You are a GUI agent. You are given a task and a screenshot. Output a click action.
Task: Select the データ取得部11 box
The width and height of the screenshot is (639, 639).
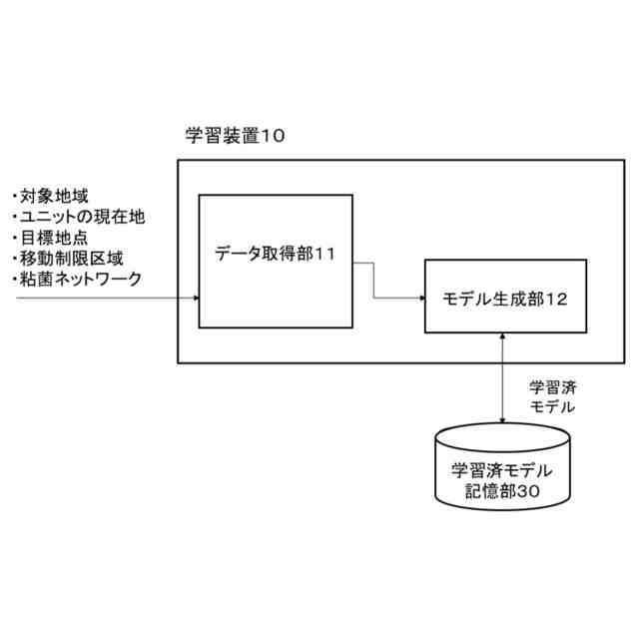click(x=275, y=261)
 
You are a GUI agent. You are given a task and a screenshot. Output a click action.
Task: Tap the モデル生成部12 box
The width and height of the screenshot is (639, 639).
click(x=504, y=297)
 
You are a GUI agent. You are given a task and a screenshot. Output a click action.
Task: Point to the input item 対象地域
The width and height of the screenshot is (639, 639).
click(x=50, y=196)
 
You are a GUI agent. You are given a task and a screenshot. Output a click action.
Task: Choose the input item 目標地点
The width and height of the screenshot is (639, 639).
click(x=50, y=238)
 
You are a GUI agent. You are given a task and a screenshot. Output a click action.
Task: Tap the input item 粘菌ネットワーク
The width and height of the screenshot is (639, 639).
click(x=79, y=280)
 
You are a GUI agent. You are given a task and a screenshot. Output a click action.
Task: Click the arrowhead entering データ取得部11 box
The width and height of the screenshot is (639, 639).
click(x=195, y=298)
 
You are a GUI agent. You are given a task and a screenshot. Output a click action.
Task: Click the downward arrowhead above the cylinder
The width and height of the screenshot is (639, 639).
click(x=503, y=418)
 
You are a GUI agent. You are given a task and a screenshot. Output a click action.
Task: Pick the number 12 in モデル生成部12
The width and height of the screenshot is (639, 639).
click(x=558, y=298)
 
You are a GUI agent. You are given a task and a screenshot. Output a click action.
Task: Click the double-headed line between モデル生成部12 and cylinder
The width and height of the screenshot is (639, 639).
click(x=503, y=379)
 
